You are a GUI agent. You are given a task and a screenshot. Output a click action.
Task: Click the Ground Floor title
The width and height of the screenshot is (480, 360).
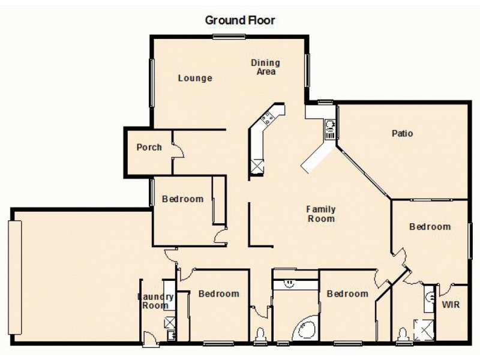[x=240, y=20]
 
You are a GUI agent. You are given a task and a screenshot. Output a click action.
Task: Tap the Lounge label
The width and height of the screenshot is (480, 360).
[x=195, y=78]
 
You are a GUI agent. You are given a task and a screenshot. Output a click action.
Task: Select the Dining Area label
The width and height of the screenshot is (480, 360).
[x=265, y=67]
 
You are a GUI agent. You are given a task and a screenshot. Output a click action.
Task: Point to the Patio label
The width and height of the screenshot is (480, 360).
[x=402, y=133]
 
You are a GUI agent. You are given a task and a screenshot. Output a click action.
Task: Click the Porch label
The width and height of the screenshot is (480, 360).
[x=149, y=147]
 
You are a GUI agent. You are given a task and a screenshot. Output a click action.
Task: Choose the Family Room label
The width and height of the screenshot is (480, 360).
[x=320, y=214]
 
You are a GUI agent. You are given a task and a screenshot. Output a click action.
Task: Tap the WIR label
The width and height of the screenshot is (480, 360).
[x=451, y=305]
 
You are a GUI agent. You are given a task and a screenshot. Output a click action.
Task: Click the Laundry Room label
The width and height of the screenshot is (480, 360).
[x=156, y=301]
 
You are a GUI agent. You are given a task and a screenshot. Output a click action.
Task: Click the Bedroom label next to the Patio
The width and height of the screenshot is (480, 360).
[x=430, y=226]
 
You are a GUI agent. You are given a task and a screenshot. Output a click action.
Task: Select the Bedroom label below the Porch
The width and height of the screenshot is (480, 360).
[x=182, y=199]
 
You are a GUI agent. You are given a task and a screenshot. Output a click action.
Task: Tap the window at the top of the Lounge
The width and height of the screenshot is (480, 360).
[x=229, y=37]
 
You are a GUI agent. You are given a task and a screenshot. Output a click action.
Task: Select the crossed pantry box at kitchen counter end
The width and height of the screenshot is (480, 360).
[x=257, y=166]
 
